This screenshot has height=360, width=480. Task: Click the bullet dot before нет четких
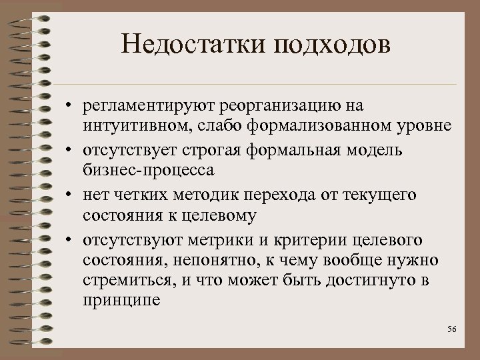[69, 195]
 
